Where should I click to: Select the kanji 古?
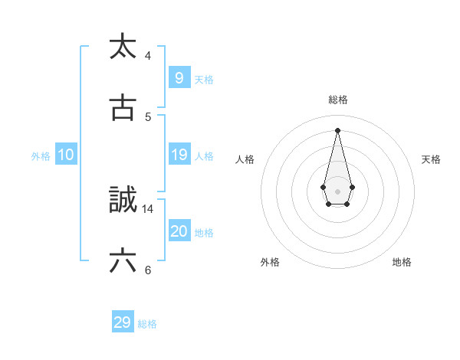pyautogui.click(x=123, y=108)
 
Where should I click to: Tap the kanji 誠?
pyautogui.click(x=123, y=200)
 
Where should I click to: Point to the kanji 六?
pyautogui.click(x=123, y=261)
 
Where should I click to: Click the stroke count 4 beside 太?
pyautogui.click(x=148, y=55)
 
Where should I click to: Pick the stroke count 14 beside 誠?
pyautogui.click(x=148, y=208)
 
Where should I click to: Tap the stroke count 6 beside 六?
pyautogui.click(x=148, y=270)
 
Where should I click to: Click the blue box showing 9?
pyautogui.click(x=179, y=77)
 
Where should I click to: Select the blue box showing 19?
pyautogui.click(x=179, y=155)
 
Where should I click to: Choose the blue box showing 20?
pyautogui.click(x=179, y=231)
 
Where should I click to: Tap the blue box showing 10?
pyautogui.click(x=65, y=155)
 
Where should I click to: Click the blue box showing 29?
pyautogui.click(x=122, y=322)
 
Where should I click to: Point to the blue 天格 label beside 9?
pyautogui.click(x=204, y=79)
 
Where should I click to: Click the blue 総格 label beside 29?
pyautogui.click(x=147, y=324)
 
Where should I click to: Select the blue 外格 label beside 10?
pyautogui.click(x=41, y=156)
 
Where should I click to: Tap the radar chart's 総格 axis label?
pyautogui.click(x=338, y=100)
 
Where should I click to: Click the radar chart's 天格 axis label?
pyautogui.click(x=431, y=159)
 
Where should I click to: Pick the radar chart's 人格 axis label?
pyautogui.click(x=245, y=159)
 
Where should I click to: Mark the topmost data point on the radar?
pyautogui.click(x=337, y=129)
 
